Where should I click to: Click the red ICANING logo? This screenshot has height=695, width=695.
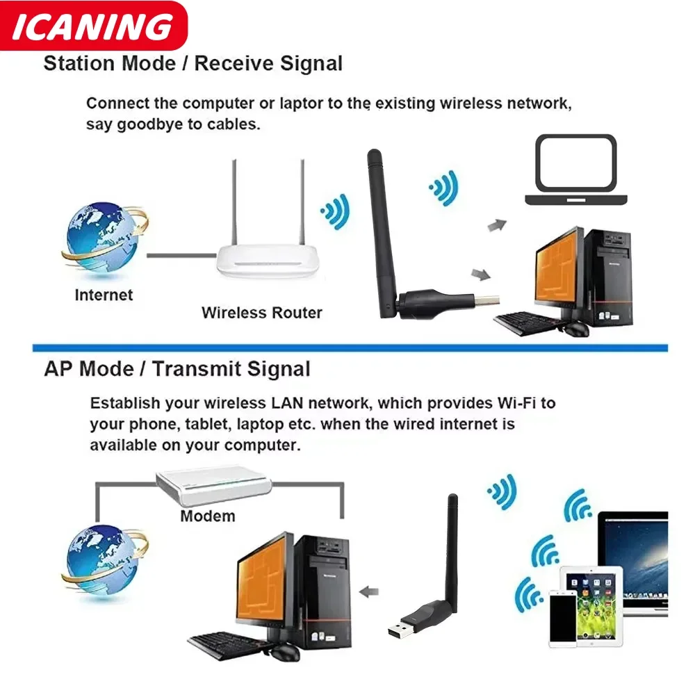[93, 26]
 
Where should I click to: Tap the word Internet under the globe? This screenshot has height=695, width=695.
[104, 295]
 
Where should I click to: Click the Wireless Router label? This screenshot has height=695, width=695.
[262, 313]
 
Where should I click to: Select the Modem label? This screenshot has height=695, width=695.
[207, 516]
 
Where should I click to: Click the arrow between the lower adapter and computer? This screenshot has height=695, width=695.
[370, 592]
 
